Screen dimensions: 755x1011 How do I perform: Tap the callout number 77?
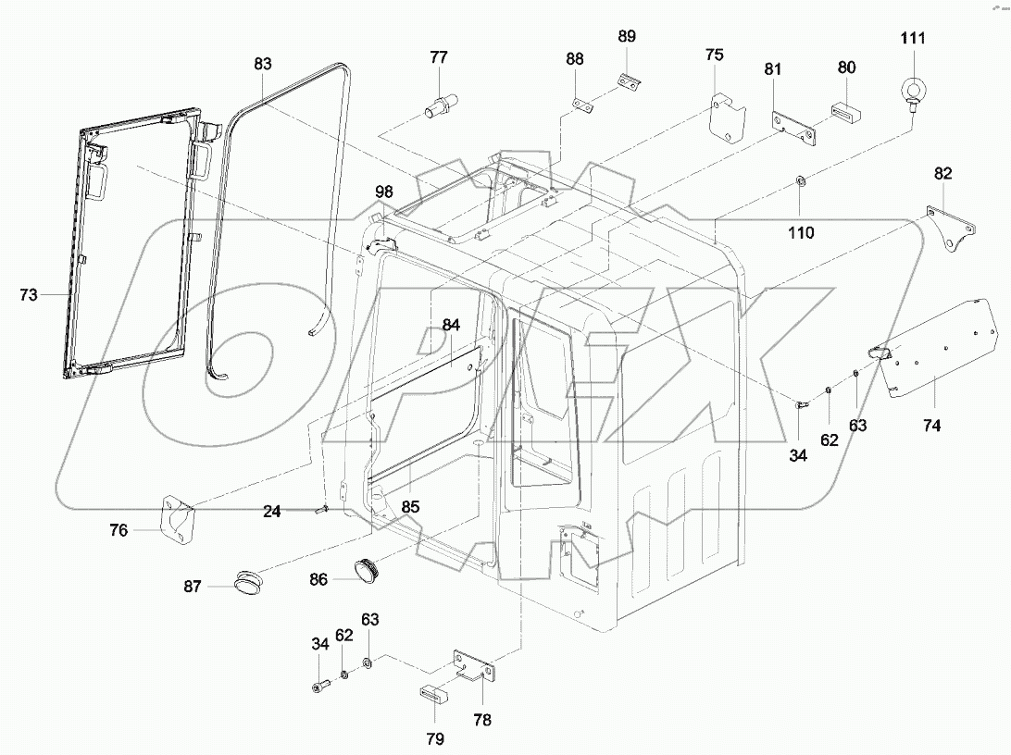coord(438,57)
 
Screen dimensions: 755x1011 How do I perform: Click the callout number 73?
coord(30,294)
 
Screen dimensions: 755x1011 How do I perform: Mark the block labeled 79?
coord(436,694)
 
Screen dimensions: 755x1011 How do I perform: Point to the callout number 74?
coord(930,425)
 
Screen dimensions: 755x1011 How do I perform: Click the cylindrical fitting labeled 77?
coord(436,102)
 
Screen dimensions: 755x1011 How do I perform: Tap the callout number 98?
coord(383,192)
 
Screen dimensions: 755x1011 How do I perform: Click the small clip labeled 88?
coord(581,105)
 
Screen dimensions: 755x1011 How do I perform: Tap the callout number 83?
coord(263,64)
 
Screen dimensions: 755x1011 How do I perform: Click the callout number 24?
coord(271,510)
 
